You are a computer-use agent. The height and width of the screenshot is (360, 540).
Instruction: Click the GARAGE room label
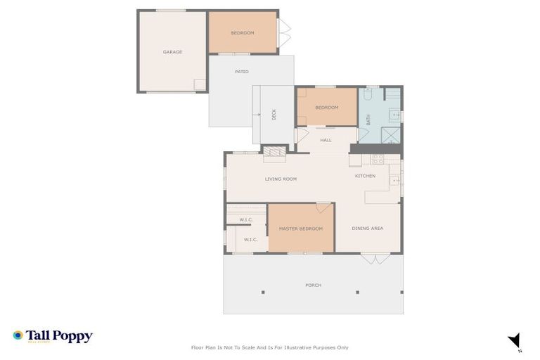tap(173, 52)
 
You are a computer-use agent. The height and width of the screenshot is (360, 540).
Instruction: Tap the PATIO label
tap(242, 72)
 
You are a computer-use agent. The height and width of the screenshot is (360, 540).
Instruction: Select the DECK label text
tap(274, 115)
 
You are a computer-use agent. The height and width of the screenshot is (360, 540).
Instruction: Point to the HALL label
tap(326, 140)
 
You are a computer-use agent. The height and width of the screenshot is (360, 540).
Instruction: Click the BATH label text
tap(368, 120)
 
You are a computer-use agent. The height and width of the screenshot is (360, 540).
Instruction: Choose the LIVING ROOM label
tap(281, 179)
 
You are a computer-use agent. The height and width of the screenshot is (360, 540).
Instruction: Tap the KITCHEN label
tap(365, 176)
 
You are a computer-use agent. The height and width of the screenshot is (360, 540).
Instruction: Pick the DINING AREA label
tap(368, 229)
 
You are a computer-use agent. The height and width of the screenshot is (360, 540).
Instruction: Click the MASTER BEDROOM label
tap(301, 229)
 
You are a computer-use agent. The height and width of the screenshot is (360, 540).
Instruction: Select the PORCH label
tap(313, 285)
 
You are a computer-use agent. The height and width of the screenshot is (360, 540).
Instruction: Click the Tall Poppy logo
tap(53, 336)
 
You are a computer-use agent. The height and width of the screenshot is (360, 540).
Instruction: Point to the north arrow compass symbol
tap(515, 340)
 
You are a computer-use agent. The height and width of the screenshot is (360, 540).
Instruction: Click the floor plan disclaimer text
tap(270, 347)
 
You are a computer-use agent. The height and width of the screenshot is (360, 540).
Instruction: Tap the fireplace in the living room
tap(275, 151)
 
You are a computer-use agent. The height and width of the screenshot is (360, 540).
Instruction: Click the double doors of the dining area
tap(375, 259)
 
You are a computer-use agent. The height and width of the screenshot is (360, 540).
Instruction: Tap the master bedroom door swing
tap(323, 207)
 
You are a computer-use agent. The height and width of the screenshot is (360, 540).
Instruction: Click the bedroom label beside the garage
tap(243, 33)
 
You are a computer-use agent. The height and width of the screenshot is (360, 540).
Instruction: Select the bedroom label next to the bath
tap(327, 108)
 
